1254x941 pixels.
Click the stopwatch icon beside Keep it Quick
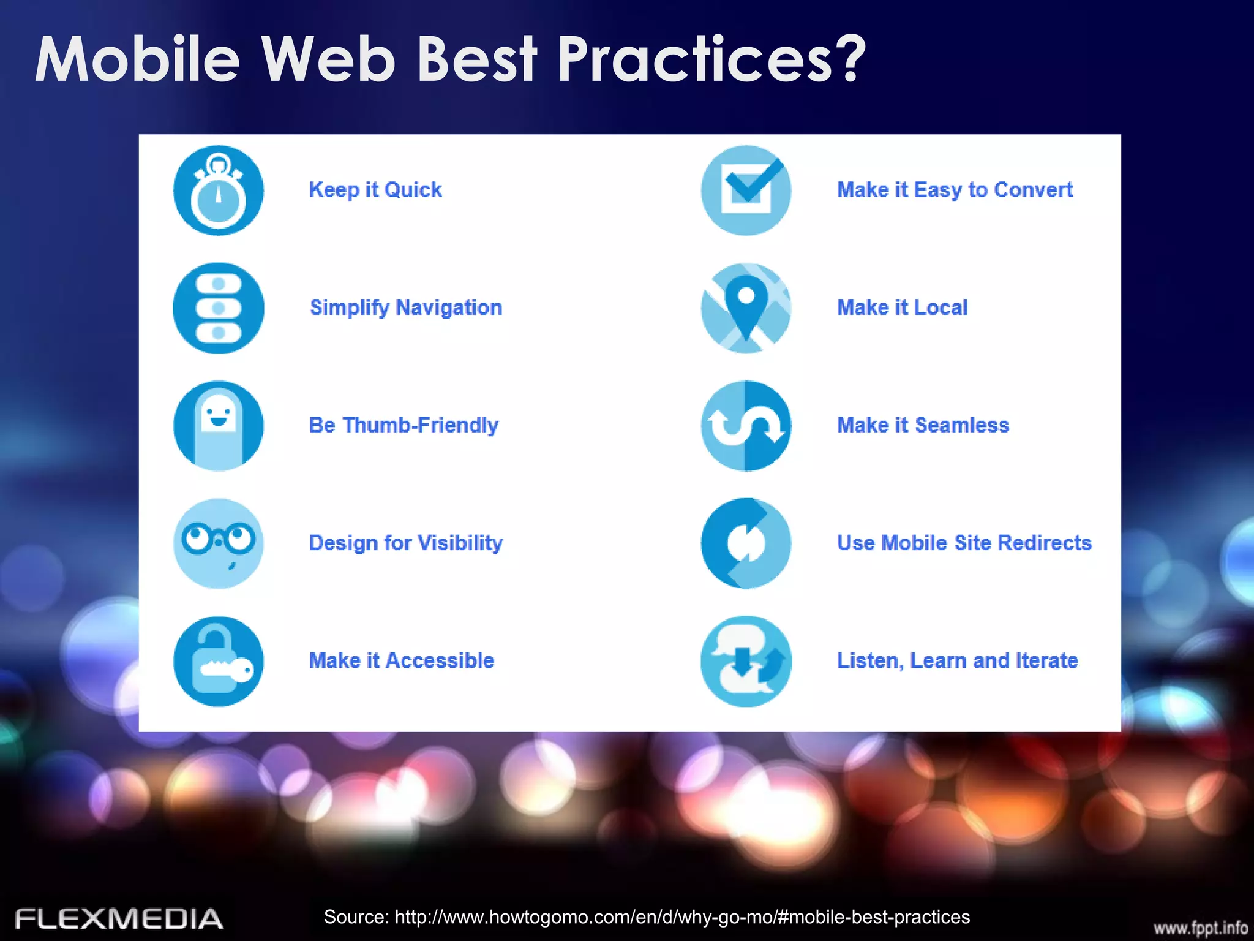click(219, 191)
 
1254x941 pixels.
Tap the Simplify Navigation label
click(405, 308)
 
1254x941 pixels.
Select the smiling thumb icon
click(219, 426)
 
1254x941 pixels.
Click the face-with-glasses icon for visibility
click(219, 543)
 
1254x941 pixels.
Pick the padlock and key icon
click(219, 661)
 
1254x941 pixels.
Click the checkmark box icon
click(746, 191)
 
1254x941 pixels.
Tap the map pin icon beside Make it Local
click(746, 308)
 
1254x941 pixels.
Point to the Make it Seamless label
click(923, 425)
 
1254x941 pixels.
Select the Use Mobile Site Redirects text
click(964, 543)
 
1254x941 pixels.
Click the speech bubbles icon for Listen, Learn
click(746, 661)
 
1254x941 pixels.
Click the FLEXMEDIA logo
click(119, 919)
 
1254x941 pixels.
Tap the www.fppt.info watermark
click(1200, 928)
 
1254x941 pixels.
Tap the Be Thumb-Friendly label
click(403, 425)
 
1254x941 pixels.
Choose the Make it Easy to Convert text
click(954, 190)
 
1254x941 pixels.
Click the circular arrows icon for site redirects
click(746, 543)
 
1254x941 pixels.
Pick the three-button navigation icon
click(219, 308)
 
